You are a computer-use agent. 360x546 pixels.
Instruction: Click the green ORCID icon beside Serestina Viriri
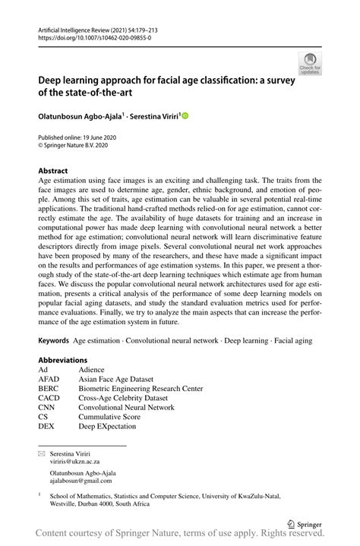coord(184,116)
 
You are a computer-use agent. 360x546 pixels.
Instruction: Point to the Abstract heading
coord(53,171)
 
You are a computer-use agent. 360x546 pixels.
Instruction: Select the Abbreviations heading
coord(62,360)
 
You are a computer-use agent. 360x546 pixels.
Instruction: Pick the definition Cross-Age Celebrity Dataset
coord(125,398)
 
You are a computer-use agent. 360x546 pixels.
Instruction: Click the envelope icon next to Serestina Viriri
coord(43,452)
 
